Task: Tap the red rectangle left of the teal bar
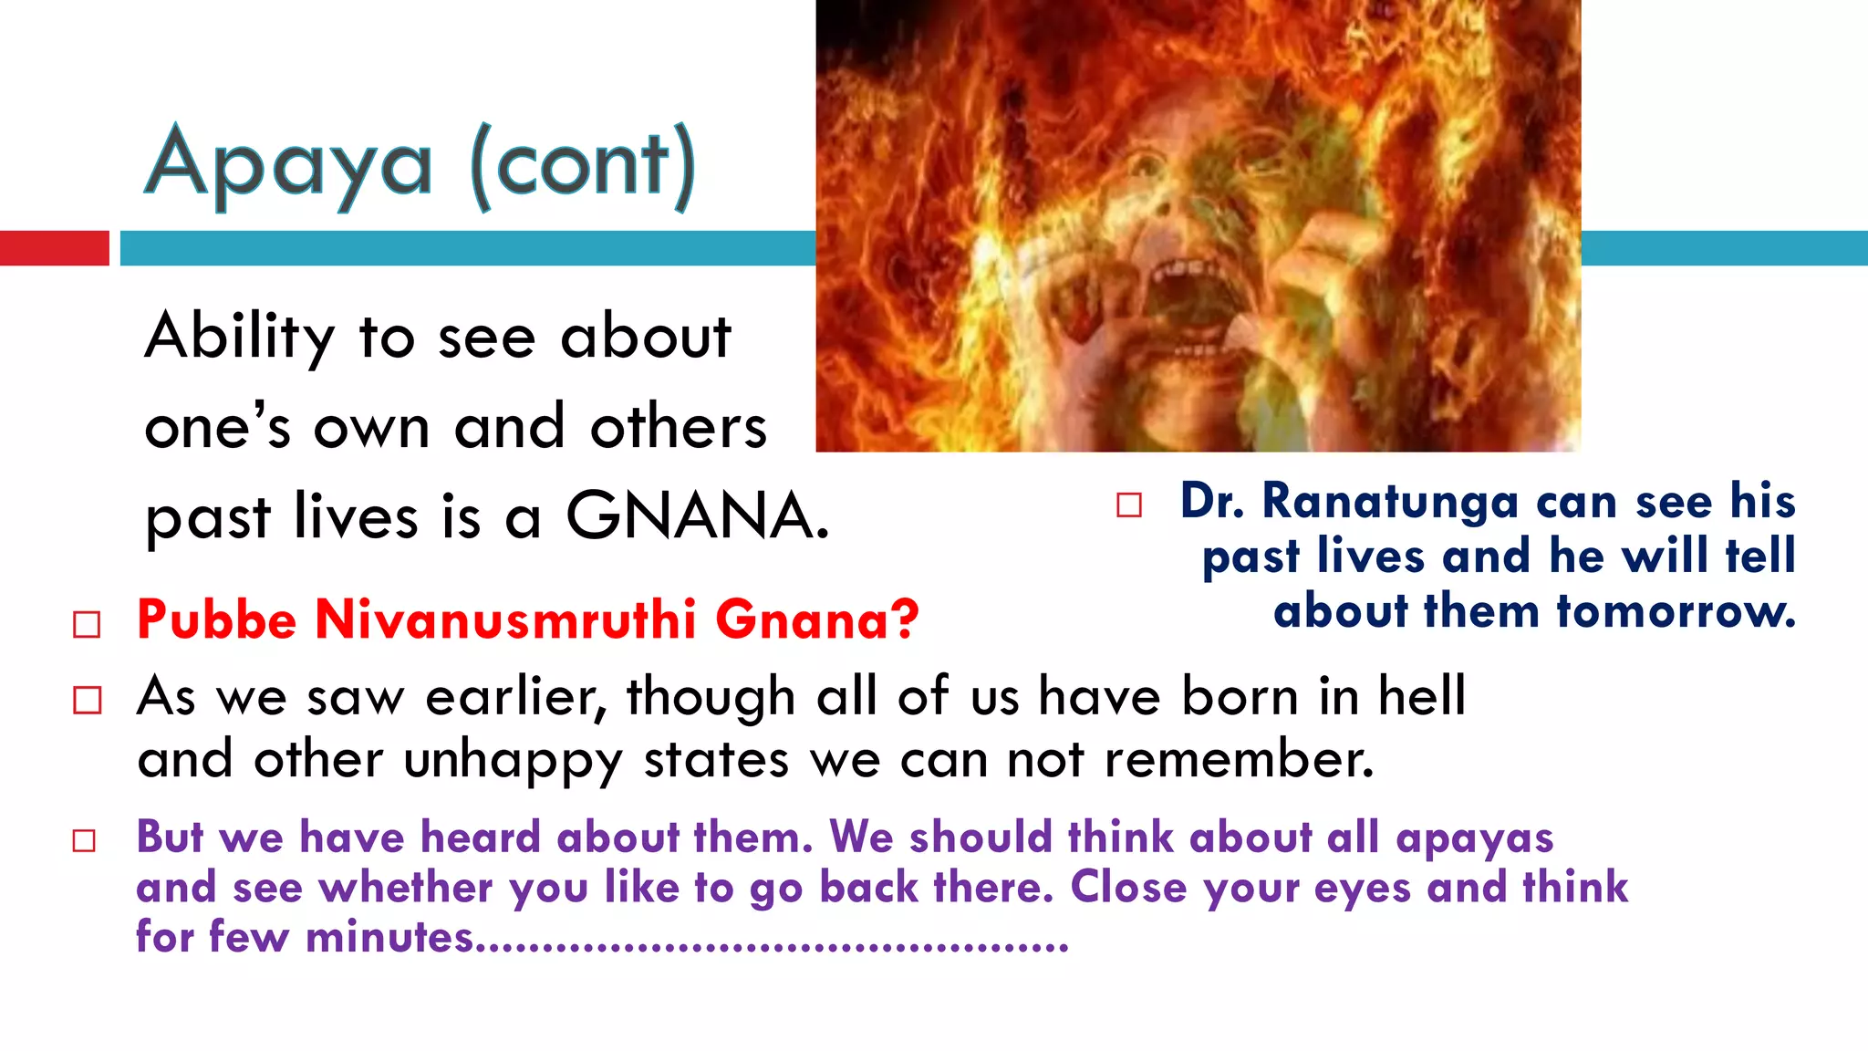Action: point(54,248)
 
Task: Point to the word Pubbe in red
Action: point(217,620)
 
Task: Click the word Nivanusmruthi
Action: point(506,620)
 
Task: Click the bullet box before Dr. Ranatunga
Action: point(1129,505)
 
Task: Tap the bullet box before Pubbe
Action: point(87,625)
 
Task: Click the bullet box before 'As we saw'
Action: point(87,701)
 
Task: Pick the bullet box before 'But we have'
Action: point(84,840)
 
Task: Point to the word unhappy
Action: point(514,761)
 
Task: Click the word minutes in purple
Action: point(389,938)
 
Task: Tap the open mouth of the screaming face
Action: point(1186,306)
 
